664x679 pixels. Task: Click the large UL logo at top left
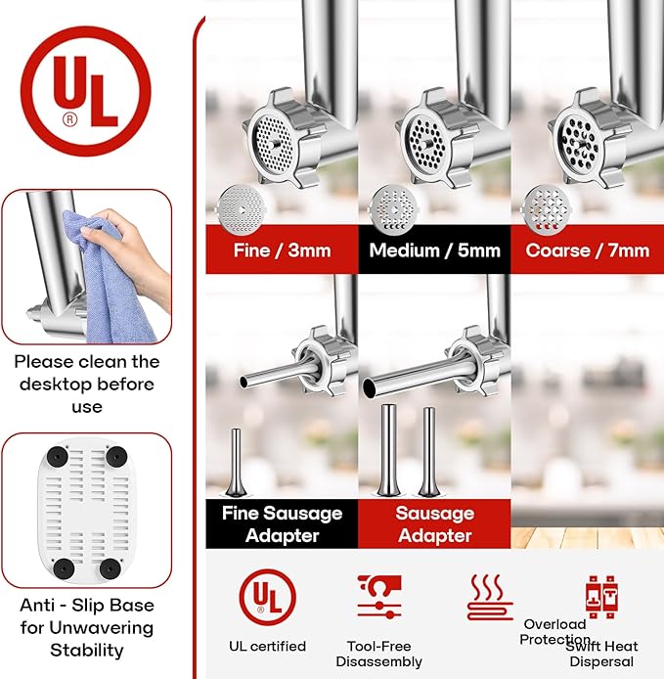click(85, 91)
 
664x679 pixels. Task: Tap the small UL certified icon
click(268, 597)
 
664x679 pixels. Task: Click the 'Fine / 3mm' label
click(283, 250)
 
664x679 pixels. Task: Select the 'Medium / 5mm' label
click(434, 250)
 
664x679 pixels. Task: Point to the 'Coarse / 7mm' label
click(588, 250)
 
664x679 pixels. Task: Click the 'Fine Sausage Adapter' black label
click(283, 524)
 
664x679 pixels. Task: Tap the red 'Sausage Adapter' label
click(434, 524)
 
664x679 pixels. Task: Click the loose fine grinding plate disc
click(241, 210)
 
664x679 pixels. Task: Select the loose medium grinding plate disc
click(393, 210)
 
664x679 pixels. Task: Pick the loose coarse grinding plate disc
click(547, 210)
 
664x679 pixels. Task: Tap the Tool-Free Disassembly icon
click(379, 597)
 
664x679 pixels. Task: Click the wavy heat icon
click(490, 597)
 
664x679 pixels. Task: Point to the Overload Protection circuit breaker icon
click(601, 597)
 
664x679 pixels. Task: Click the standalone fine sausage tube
click(236, 463)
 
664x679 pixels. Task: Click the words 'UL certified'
click(268, 646)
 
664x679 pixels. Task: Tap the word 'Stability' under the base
click(87, 651)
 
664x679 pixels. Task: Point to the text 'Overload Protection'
click(554, 632)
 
